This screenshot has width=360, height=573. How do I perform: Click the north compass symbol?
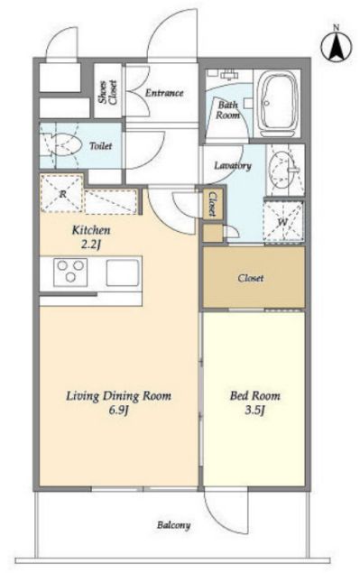click(x=337, y=46)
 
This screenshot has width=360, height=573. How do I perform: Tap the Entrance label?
click(x=164, y=93)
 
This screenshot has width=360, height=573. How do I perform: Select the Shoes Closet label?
click(x=108, y=92)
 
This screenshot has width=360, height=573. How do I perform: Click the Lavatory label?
click(x=233, y=165)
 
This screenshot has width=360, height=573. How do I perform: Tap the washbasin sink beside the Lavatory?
click(x=283, y=171)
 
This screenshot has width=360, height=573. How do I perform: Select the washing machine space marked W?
click(x=283, y=222)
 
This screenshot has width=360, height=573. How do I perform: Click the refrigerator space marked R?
click(x=61, y=194)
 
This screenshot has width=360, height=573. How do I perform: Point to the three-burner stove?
click(x=70, y=273)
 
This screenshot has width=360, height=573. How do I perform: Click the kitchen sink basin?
click(x=123, y=273)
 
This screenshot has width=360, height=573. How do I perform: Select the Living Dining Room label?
click(x=118, y=396)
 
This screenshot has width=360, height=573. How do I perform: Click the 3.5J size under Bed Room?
click(x=254, y=411)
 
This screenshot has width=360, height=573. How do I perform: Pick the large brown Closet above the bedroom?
click(x=254, y=277)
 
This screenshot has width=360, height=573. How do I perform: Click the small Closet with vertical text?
click(x=212, y=204)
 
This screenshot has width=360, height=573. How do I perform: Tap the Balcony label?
click(x=173, y=525)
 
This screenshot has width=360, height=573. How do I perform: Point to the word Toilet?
click(x=101, y=146)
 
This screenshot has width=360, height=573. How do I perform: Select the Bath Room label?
click(x=228, y=110)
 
